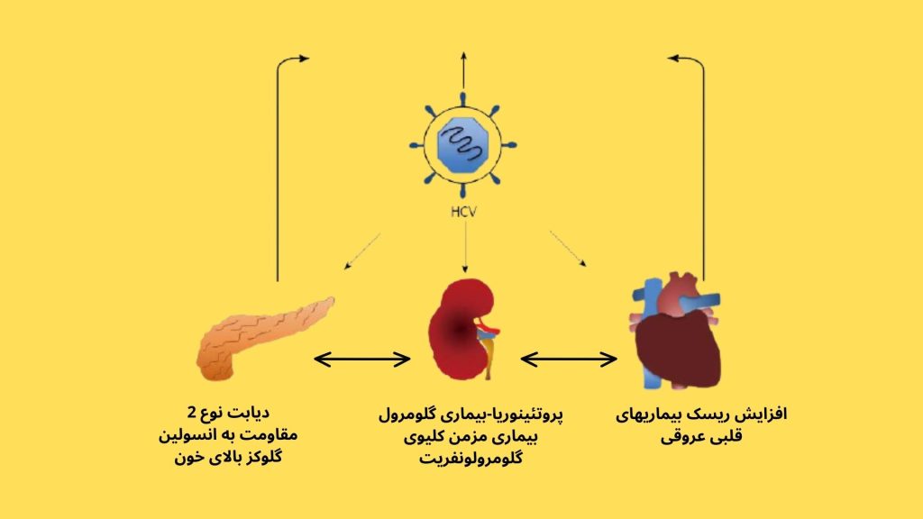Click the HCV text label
(x=463, y=211)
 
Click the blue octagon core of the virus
(x=463, y=145)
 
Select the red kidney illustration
(x=463, y=329)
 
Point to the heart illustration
(x=676, y=333)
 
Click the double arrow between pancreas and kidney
(x=362, y=359)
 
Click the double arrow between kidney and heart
(x=569, y=359)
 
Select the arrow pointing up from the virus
(x=464, y=70)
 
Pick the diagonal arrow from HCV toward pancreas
(x=362, y=251)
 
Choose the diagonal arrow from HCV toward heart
(x=568, y=249)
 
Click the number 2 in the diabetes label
(x=192, y=413)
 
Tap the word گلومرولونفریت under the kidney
(x=471, y=458)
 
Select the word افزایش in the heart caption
(x=762, y=414)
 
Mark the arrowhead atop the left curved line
(x=303, y=59)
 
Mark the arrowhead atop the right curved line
(x=674, y=58)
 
